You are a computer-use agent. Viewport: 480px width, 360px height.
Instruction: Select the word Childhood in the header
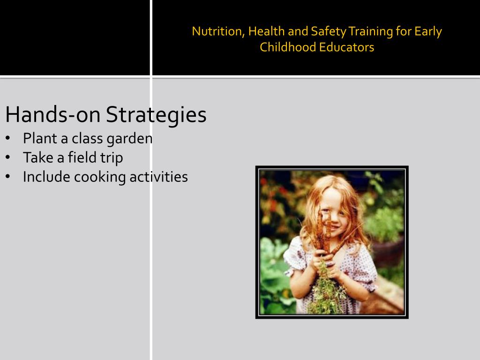pyautogui.click(x=288, y=47)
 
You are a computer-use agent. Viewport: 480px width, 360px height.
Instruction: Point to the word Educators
pyautogui.click(x=347, y=47)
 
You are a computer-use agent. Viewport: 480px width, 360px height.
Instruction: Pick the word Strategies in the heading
pyautogui.click(x=156, y=114)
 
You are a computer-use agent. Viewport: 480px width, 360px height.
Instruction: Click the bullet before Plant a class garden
pyautogui.click(x=8, y=139)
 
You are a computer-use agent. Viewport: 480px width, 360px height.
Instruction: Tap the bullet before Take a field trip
pyautogui.click(x=8, y=158)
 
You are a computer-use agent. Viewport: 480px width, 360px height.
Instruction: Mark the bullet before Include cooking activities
pyautogui.click(x=8, y=177)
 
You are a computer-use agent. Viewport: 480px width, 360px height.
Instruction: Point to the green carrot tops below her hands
pyautogui.click(x=325, y=291)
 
